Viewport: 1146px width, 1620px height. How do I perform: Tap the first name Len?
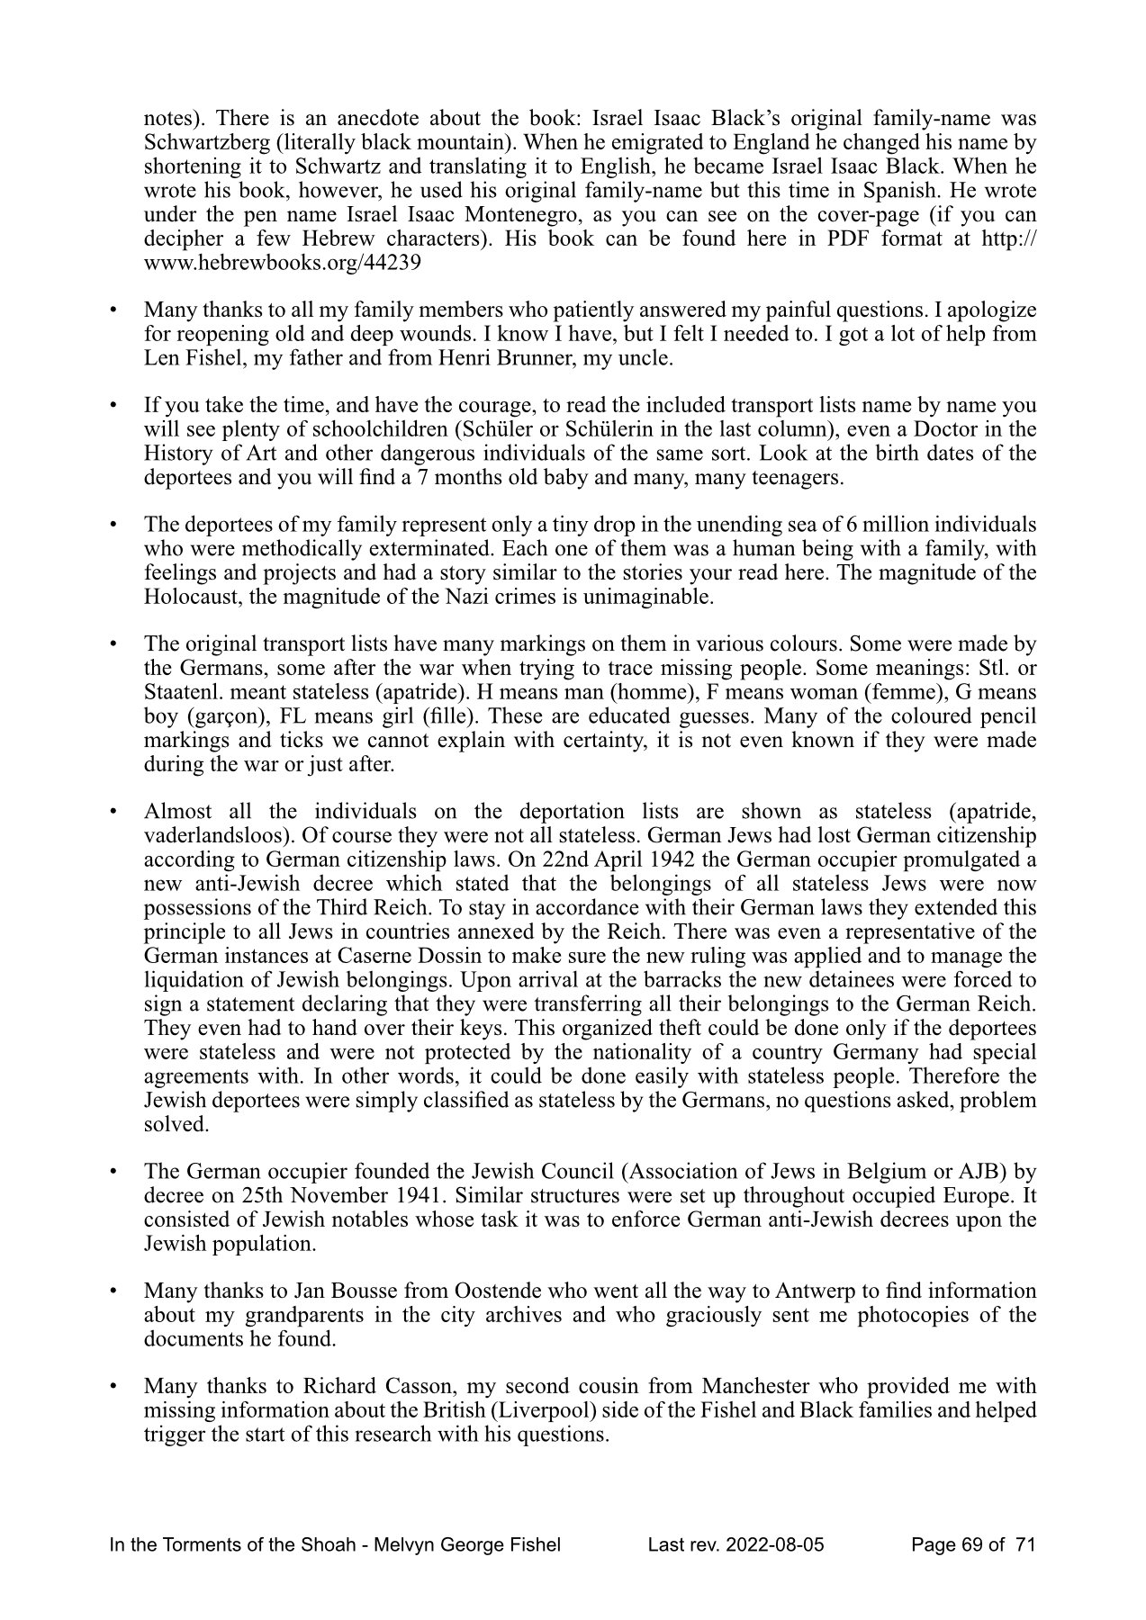pyautogui.click(x=159, y=358)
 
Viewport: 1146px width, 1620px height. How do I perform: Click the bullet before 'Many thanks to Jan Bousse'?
pyautogui.click(x=113, y=1291)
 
